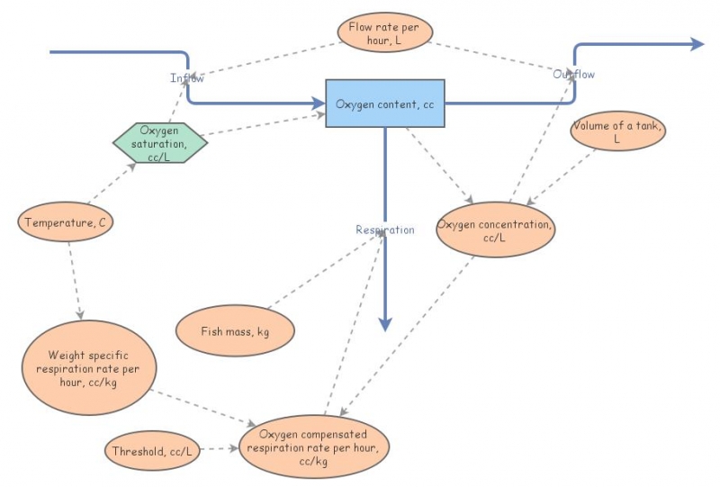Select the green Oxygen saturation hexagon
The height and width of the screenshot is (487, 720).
click(157, 143)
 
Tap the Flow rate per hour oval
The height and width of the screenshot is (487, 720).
click(384, 33)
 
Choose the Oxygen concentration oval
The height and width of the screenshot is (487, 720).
click(495, 230)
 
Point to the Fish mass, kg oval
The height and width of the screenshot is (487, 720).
click(235, 331)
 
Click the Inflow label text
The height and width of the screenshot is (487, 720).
click(187, 78)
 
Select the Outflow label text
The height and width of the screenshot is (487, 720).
click(573, 74)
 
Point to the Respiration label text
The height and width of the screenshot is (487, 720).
click(385, 230)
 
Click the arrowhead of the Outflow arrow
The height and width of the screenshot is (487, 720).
click(697, 44)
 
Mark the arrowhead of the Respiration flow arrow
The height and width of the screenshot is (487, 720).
click(385, 324)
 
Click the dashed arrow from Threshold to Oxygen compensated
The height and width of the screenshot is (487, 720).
click(220, 447)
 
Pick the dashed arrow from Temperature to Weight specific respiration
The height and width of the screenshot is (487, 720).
click(75, 280)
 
